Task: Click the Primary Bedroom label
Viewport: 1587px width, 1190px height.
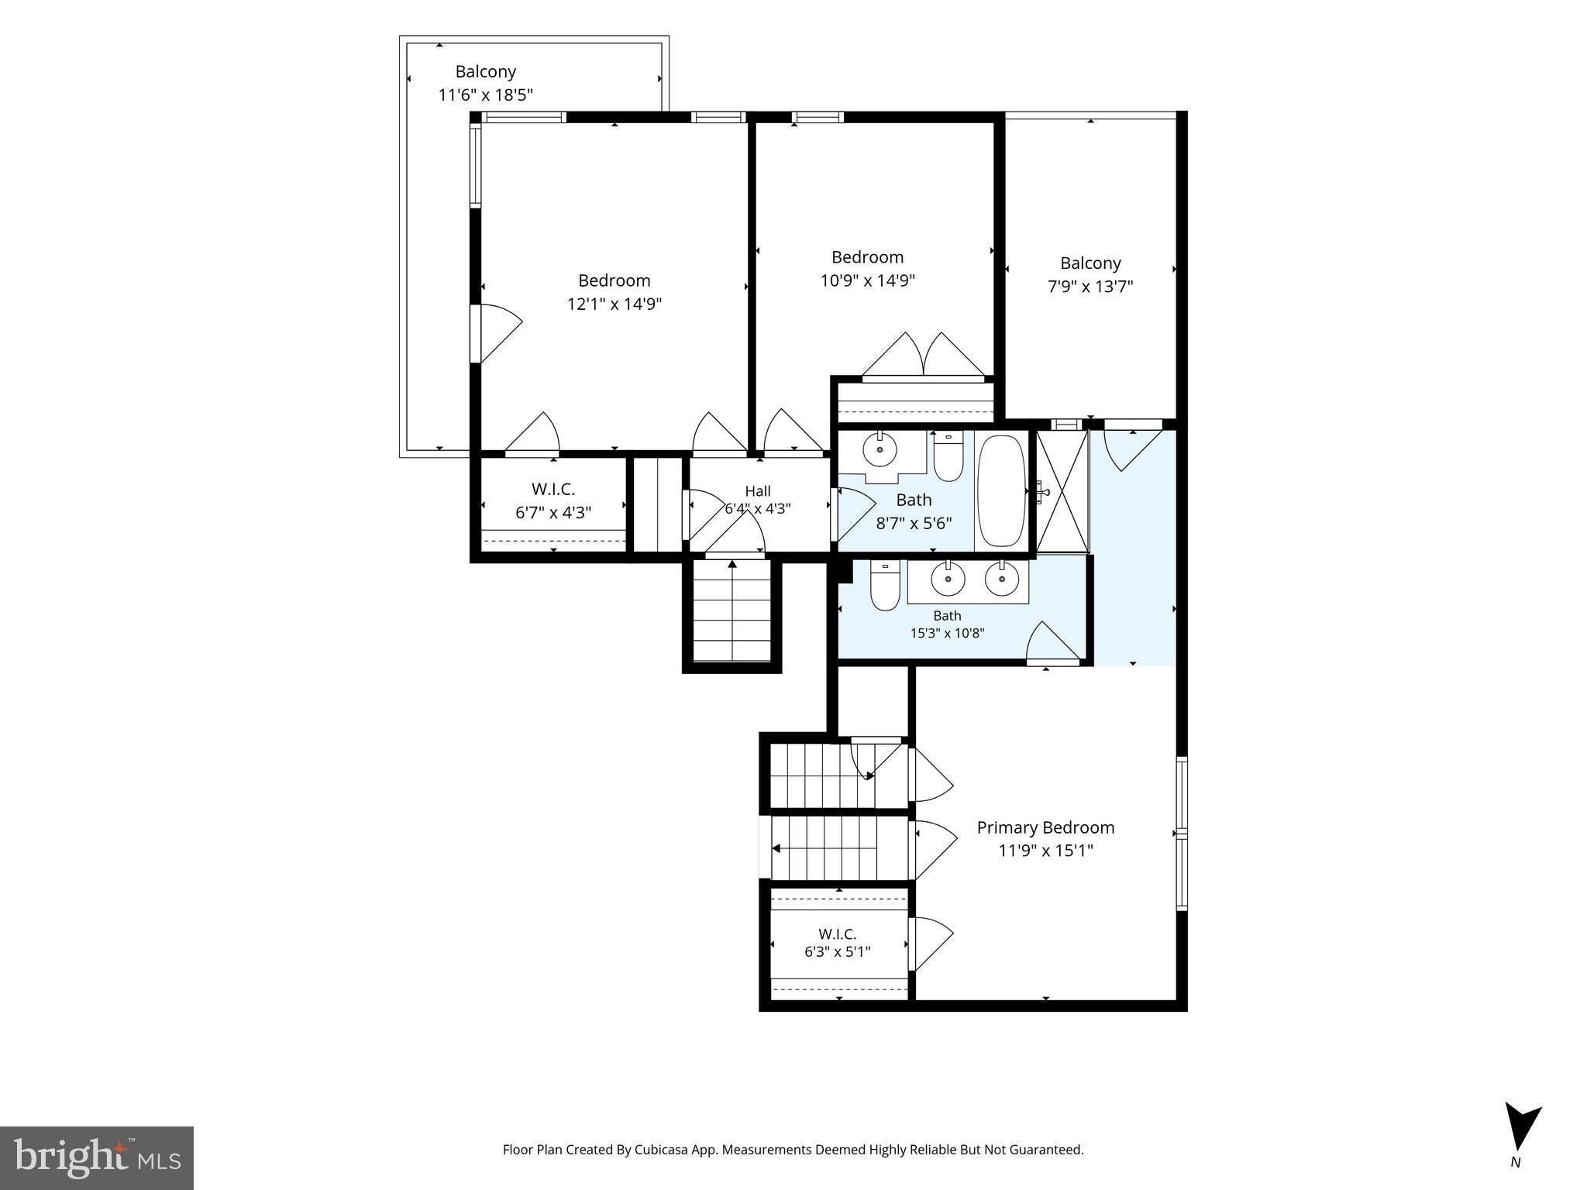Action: point(1045,827)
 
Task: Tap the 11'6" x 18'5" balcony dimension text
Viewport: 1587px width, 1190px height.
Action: point(486,95)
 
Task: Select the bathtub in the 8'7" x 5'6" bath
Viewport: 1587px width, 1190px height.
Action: point(1001,491)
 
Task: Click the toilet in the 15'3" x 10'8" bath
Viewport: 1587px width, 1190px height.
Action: point(884,586)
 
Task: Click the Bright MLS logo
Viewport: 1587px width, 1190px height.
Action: point(97,1157)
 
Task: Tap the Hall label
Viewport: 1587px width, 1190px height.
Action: point(758,491)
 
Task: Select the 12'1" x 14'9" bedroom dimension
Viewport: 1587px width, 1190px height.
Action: point(614,304)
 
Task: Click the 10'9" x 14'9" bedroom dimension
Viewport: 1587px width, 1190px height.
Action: point(868,280)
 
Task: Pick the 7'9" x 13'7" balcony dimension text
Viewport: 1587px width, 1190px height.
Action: point(1090,287)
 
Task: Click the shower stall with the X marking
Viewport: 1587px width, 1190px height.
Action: point(1062,491)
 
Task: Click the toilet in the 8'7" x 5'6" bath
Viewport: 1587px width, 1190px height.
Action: point(948,456)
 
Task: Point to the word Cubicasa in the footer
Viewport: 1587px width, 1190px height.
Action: point(662,1150)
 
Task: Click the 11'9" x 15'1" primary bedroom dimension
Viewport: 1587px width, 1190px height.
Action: point(1045,851)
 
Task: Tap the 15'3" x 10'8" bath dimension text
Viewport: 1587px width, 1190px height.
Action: point(947,633)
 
